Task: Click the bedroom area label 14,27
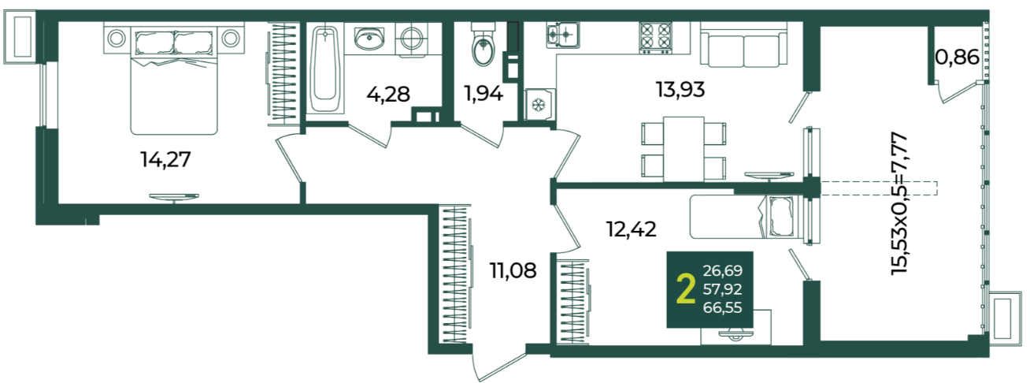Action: pos(165,160)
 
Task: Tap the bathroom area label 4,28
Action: pos(388,95)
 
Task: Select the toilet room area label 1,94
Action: pos(484,94)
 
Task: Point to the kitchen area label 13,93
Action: pos(680,89)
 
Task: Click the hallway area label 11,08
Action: pos(513,270)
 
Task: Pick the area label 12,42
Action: pos(632,229)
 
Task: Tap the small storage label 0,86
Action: pos(957,58)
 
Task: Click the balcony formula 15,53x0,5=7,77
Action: pos(899,204)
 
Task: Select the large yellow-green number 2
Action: pos(686,289)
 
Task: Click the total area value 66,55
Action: pos(722,307)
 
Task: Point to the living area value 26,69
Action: pos(722,270)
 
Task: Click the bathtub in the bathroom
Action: pos(325,69)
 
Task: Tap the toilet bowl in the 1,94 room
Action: pos(484,45)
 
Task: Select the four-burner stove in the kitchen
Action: pos(655,36)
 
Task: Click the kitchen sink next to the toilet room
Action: pos(562,35)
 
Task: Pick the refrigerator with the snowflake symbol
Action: pos(539,105)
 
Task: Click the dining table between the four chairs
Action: pos(684,149)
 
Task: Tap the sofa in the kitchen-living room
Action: pos(743,45)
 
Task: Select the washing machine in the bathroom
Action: pos(412,39)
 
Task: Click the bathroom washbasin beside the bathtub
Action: pos(369,38)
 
